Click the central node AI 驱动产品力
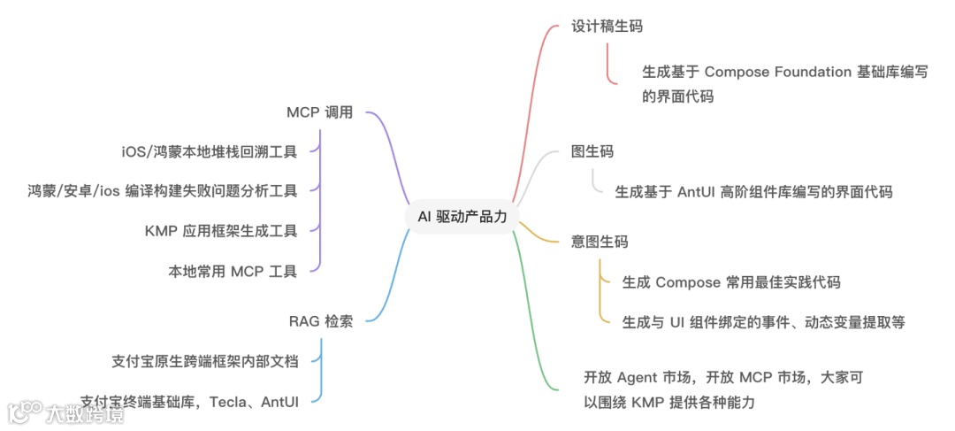click(x=462, y=217)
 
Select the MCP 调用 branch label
click(x=319, y=112)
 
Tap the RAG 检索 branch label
click(x=320, y=321)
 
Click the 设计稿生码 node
click(x=607, y=26)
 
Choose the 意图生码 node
click(x=600, y=242)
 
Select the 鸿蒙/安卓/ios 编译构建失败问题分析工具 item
click(x=162, y=190)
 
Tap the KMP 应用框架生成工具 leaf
click(x=220, y=230)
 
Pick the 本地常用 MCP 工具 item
click(x=233, y=271)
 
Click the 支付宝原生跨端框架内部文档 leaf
click(x=205, y=361)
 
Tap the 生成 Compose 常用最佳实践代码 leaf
click(x=730, y=282)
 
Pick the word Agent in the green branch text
click(x=637, y=377)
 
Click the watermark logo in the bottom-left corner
click(x=25, y=413)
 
